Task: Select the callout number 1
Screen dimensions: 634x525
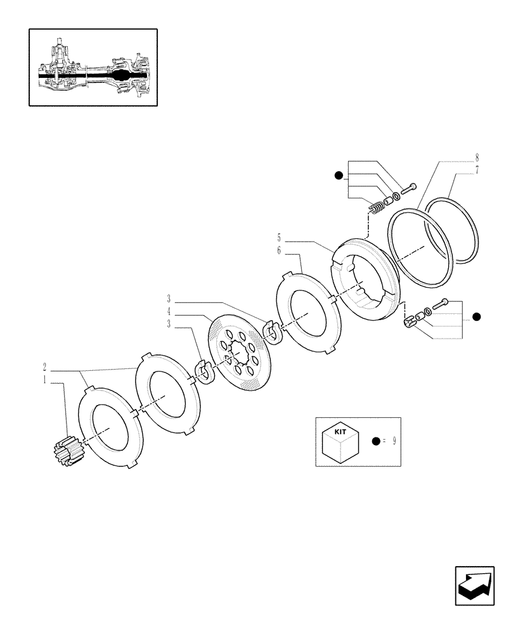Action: pos(45,381)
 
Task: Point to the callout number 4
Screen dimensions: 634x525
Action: pos(169,312)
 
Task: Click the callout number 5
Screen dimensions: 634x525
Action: pos(279,238)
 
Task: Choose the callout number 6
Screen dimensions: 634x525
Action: pos(279,251)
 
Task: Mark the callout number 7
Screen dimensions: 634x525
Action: pos(476,170)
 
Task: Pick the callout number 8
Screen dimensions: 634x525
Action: pos(476,157)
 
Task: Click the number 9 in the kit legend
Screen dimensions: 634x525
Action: pos(394,441)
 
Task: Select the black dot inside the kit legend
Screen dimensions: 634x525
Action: pos(376,441)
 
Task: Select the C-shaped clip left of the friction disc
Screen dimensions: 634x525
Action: pos(204,372)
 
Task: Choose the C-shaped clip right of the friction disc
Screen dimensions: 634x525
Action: pos(271,332)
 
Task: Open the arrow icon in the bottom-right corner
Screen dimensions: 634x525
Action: pos(475,586)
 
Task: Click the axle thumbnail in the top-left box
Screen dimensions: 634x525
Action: pos(93,67)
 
